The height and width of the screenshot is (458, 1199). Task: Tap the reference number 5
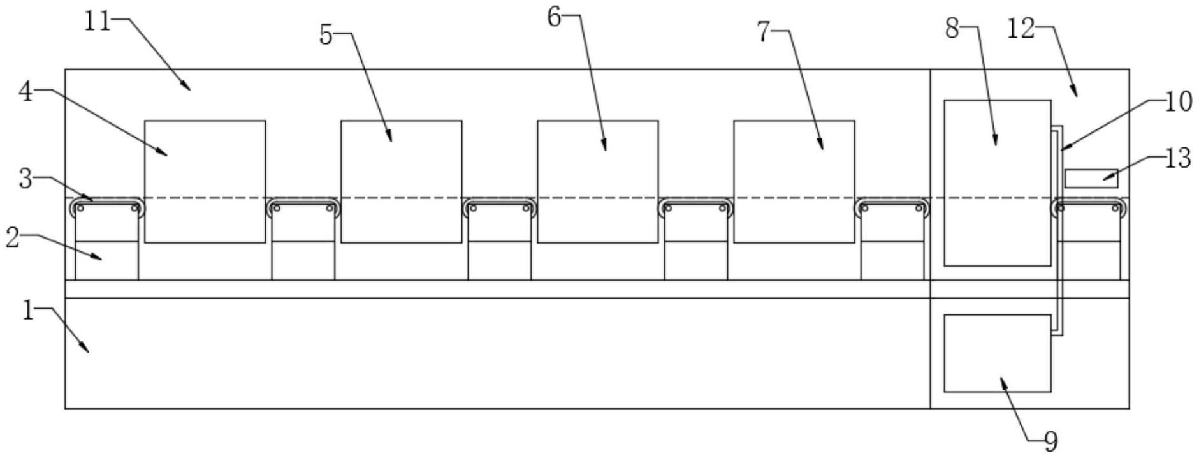pos(326,36)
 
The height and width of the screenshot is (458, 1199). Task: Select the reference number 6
pos(554,18)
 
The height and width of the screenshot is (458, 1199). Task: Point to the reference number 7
pos(764,32)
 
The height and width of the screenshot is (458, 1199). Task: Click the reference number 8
pos(952,28)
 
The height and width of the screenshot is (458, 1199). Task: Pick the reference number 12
pos(1021,28)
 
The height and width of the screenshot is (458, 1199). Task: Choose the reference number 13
pos(1178,158)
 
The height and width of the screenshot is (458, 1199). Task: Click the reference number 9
pos(1050,441)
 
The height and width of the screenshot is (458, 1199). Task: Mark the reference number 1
pos(27,311)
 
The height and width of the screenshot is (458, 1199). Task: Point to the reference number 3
pos(25,179)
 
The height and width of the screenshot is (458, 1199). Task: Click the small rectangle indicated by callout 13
pos(1091,179)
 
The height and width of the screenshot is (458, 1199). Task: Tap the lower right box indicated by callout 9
pos(997,353)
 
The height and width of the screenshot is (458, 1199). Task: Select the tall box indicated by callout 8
pos(997,182)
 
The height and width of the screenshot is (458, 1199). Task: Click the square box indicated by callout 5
pos(401,182)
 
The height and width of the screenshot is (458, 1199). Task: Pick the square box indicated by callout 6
pos(597,182)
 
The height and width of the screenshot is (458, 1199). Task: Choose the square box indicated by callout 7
pos(794,182)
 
